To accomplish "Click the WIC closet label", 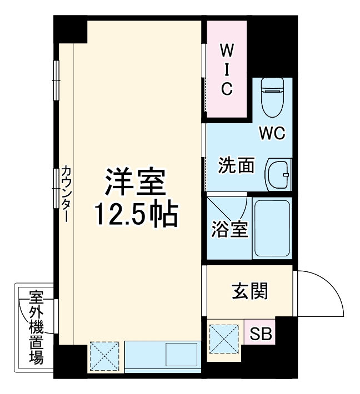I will pos(227,69).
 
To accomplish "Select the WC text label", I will pos(272,133).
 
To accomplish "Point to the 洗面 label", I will pos(236,165).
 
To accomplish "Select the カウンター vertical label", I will pos(66,194).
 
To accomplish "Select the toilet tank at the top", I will pos(272,85).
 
